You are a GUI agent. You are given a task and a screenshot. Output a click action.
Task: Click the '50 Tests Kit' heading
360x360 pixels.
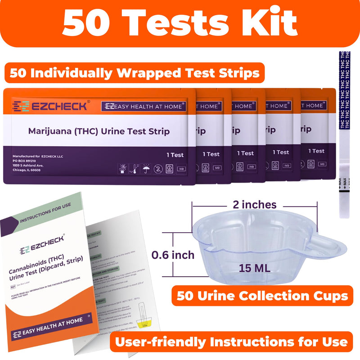tap(180, 23)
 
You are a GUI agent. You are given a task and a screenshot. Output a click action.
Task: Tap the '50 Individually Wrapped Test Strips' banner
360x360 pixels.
tap(135, 73)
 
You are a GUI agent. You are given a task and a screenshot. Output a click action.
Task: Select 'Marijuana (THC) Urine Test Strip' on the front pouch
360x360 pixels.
tap(99, 131)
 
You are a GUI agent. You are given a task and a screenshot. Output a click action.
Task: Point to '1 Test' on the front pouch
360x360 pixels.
tap(175, 155)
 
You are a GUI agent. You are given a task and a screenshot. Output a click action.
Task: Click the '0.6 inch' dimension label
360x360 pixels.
tap(173, 255)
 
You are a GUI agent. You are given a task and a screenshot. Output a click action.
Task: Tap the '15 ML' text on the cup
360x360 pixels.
tap(255, 268)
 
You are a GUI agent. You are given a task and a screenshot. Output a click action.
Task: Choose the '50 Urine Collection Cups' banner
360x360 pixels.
tap(261, 296)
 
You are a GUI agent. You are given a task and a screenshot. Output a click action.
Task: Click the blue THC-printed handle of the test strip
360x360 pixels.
tap(345, 90)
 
